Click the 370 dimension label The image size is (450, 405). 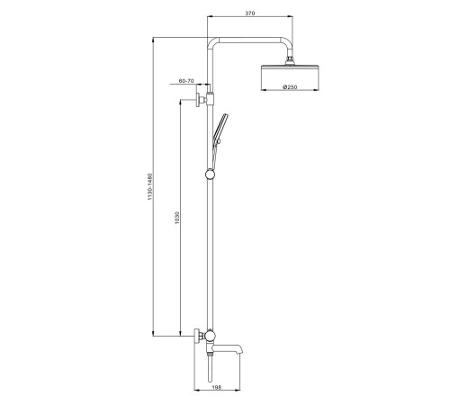(x=250, y=13)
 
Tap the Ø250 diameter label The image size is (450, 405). (x=290, y=87)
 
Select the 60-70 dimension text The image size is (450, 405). (x=186, y=81)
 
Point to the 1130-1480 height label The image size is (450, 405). (x=150, y=186)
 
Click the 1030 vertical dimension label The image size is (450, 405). (x=177, y=218)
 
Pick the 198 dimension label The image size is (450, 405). (x=217, y=388)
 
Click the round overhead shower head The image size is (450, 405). (x=290, y=77)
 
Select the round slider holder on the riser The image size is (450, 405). (x=210, y=174)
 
